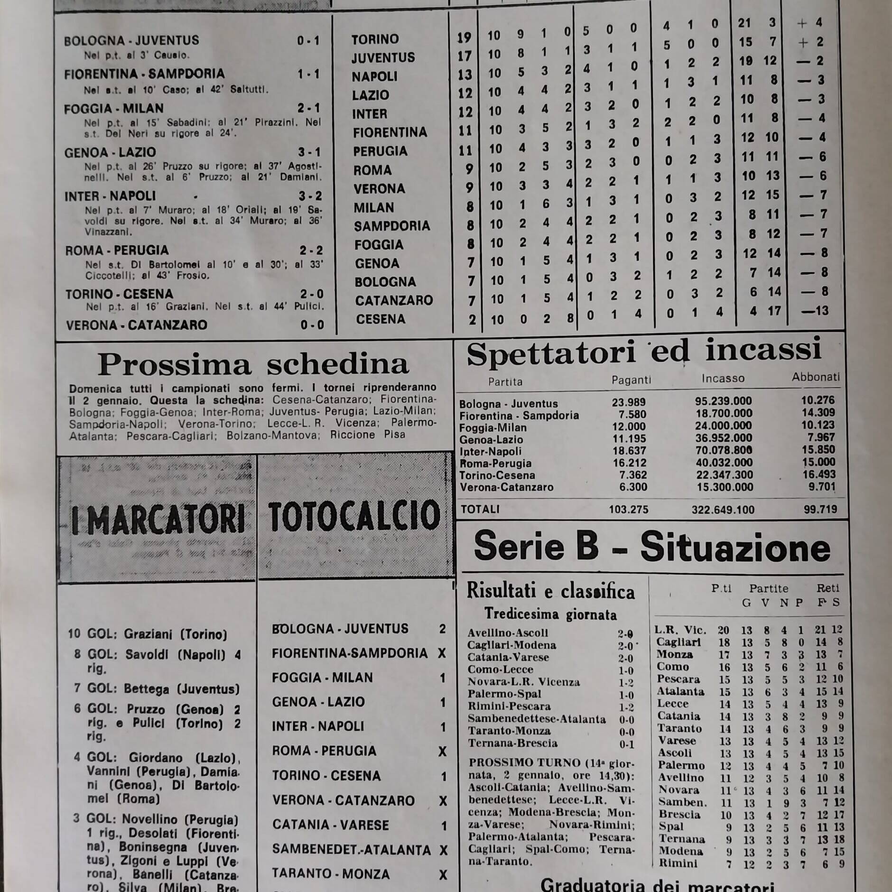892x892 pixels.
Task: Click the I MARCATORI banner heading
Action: tap(157, 519)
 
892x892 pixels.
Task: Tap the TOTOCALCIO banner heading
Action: tap(354, 516)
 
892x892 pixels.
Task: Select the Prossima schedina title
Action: tap(253, 364)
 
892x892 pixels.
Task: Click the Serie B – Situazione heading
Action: tap(652, 547)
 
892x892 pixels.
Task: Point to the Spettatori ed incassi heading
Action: tap(644, 352)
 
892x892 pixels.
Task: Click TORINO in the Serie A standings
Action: tap(375, 39)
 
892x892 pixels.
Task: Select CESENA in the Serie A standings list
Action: tap(381, 319)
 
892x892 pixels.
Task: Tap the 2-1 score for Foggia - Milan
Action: tap(308, 109)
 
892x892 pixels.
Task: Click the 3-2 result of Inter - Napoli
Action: tap(309, 196)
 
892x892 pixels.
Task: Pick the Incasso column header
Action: tap(723, 379)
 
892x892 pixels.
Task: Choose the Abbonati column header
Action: tap(815, 377)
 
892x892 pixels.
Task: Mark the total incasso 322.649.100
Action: tap(723, 510)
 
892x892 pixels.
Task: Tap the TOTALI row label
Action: tap(480, 510)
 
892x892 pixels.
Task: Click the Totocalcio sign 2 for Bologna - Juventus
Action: tap(442, 629)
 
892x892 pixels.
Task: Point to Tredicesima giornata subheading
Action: tap(550, 614)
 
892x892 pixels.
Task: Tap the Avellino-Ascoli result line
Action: tap(508, 633)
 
